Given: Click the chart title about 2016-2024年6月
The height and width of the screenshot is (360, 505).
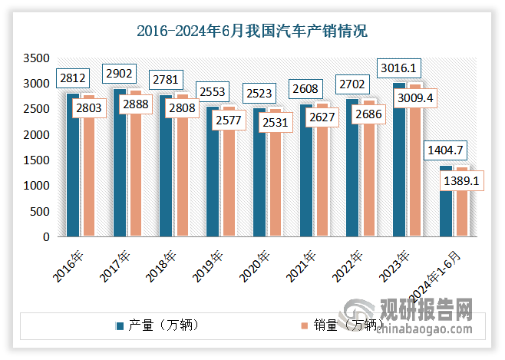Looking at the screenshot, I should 252,31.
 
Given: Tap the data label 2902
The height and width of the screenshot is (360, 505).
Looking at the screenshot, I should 119,73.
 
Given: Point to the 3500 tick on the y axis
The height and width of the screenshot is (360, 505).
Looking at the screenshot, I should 36,58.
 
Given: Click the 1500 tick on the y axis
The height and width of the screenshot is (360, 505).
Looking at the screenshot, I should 36,160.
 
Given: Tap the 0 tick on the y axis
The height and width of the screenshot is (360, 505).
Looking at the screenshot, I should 46,237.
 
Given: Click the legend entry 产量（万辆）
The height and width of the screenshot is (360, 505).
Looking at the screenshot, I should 162,325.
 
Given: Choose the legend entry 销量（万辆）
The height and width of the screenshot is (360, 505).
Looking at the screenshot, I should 342,325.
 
